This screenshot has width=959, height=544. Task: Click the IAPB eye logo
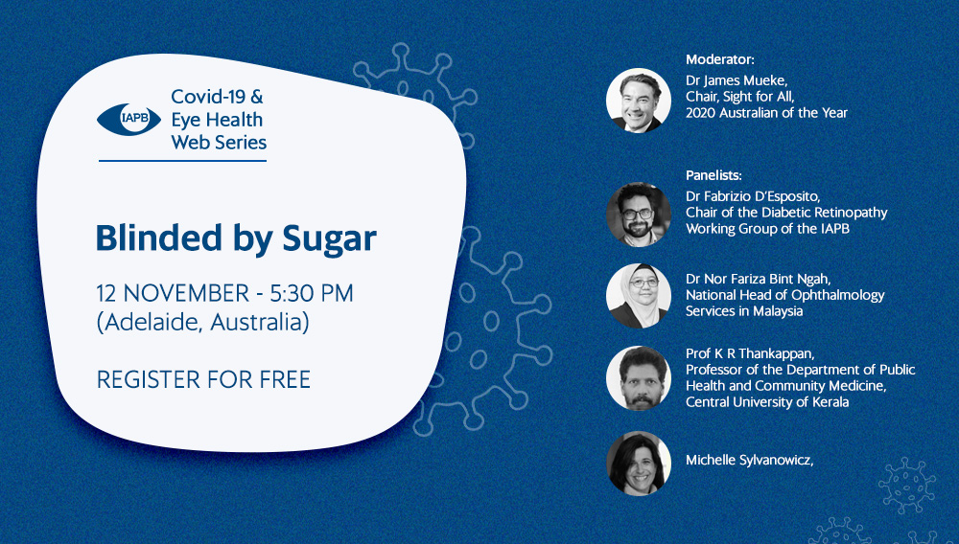(129, 120)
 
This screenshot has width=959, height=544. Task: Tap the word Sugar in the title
(329, 238)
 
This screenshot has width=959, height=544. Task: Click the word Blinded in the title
(158, 237)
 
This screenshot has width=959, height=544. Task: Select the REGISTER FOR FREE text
(203, 379)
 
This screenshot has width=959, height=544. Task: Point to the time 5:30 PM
(312, 293)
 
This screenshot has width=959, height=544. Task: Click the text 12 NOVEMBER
(173, 293)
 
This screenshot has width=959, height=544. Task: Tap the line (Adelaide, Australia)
(202, 323)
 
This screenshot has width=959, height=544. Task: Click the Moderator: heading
(720, 59)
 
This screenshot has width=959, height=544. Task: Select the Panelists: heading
(713, 175)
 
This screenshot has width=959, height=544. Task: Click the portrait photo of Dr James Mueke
(639, 101)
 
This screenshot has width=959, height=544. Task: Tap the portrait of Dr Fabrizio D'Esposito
(639, 215)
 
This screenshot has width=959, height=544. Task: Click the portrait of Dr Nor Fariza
(639, 296)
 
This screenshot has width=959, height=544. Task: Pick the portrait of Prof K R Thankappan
(639, 378)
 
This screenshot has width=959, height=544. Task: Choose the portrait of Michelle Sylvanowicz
(639, 463)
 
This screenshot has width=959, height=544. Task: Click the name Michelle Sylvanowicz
(749, 461)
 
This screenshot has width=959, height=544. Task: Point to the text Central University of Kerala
(767, 401)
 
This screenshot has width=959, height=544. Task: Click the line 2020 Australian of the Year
(766, 112)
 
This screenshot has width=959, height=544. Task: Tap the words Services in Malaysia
(744, 310)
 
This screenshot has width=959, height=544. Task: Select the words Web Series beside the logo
(219, 143)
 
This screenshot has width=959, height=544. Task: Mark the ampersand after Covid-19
(257, 97)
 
